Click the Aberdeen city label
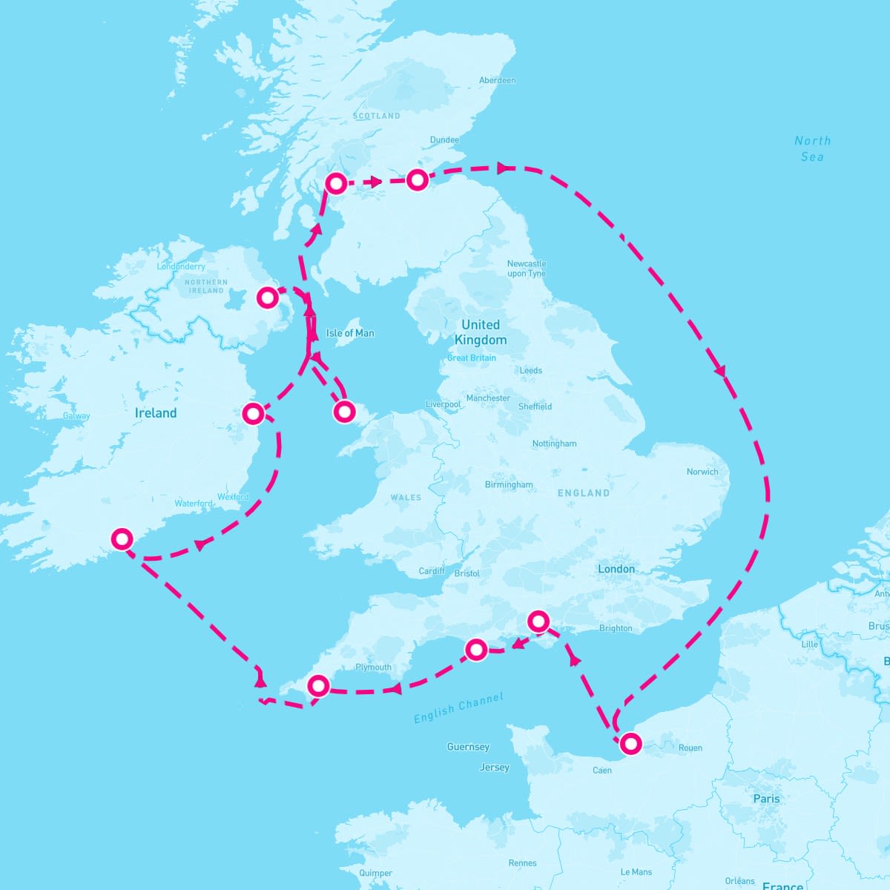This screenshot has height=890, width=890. [497, 80]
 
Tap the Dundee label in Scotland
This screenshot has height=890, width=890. [444, 139]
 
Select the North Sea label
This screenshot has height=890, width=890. [813, 148]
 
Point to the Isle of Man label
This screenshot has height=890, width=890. [350, 333]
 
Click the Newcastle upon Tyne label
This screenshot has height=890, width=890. [527, 268]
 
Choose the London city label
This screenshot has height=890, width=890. [616, 569]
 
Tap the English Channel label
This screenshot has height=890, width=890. [458, 708]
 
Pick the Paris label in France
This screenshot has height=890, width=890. [766, 799]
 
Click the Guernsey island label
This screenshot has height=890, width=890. [468, 747]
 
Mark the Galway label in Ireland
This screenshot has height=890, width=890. [76, 416]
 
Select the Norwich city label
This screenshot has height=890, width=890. [702, 472]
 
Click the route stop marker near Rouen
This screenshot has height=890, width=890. [630, 743]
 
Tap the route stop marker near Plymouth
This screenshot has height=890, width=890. [318, 686]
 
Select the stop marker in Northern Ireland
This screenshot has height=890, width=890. [267, 298]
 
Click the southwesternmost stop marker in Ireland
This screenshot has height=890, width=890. [122, 538]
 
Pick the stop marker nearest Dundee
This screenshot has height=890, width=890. [418, 179]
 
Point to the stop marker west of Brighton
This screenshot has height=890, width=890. [538, 621]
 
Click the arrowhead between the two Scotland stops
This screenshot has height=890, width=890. [376, 181]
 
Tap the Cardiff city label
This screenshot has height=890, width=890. [432, 571]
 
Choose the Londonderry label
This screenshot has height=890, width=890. [181, 266]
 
